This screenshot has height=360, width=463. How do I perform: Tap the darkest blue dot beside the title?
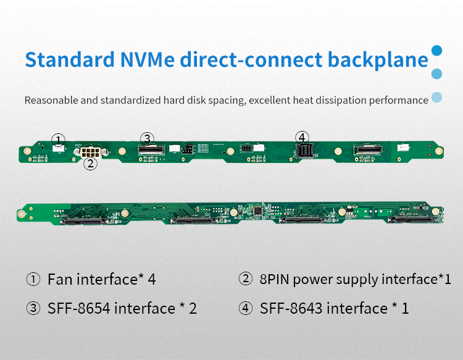(437, 51)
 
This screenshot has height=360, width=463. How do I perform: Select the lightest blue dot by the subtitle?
(437, 97)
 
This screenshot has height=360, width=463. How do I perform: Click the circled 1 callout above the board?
(58, 139)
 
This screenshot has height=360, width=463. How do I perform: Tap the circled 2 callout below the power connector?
(90, 164)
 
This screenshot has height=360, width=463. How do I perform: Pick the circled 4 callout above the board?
(301, 137)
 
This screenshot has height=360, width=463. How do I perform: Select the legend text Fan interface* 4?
(101, 280)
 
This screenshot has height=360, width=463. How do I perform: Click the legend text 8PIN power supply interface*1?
(355, 280)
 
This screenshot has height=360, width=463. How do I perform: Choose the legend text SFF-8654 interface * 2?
(122, 308)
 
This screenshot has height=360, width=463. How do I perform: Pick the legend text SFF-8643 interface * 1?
(334, 308)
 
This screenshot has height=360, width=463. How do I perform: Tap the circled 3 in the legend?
(33, 308)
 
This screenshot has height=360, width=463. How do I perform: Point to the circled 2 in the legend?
(246, 280)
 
